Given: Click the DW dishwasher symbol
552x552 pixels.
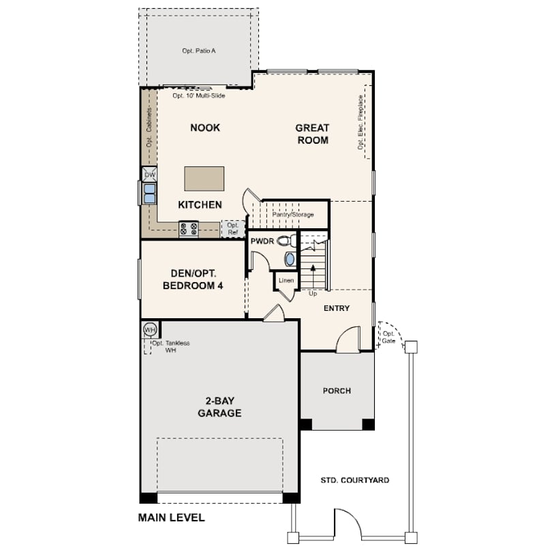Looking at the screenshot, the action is coord(150,174).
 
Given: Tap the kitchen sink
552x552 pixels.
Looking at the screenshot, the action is coord(150,194).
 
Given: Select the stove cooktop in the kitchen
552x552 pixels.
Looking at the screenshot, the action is coord(189,229).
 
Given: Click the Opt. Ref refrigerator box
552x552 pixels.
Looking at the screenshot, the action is coord(233,229).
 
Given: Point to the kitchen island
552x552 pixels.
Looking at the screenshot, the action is coord(204,179).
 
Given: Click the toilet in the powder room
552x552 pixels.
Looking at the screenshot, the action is coord(287,241).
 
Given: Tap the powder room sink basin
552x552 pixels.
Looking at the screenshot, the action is coord(290,259).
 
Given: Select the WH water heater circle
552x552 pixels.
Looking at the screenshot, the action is coord(150,330).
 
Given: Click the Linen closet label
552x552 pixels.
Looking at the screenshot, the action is coord(286,281).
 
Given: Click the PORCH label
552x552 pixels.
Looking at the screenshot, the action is coord(337,390).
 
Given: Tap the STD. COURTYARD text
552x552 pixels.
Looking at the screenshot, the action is coord(355,480).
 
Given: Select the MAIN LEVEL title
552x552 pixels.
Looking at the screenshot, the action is coord(172,517).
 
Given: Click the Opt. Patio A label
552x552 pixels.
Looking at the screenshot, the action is coord(199,50).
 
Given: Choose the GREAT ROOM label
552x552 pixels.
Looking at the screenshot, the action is coord(312,134).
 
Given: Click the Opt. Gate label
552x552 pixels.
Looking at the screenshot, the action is coord(388,337).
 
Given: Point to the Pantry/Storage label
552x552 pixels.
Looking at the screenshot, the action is coord(293,215).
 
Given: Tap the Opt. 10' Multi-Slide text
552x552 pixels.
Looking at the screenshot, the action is coord(199,95).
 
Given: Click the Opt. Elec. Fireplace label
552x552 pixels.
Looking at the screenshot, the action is coord(360,122).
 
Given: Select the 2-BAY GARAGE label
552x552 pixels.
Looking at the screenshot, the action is coord(219,407).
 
